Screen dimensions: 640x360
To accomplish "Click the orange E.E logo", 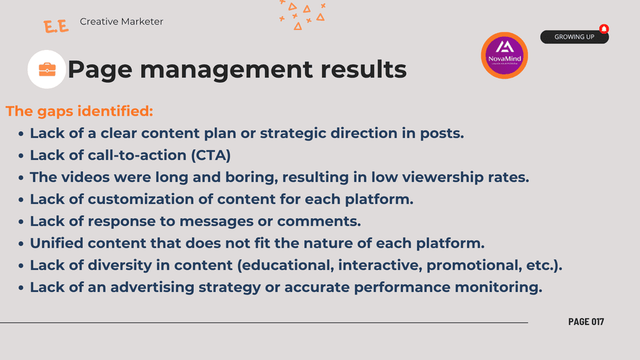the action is (x=56, y=26).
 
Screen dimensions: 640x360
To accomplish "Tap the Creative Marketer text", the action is (x=121, y=22).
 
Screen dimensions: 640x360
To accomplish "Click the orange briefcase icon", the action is (x=47, y=69).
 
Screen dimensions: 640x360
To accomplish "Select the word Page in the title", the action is (x=100, y=69).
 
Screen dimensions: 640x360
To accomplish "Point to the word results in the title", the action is (x=363, y=69).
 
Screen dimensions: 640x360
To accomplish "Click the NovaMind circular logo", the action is (x=504, y=56).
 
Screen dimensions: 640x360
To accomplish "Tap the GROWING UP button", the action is (x=574, y=37).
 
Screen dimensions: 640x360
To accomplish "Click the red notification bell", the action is (x=604, y=29).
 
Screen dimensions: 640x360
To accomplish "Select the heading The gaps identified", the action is (x=79, y=111).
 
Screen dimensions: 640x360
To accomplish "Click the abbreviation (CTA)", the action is (x=211, y=155).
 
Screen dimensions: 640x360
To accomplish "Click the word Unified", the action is (x=56, y=243).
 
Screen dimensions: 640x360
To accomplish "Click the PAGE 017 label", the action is (x=586, y=322).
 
